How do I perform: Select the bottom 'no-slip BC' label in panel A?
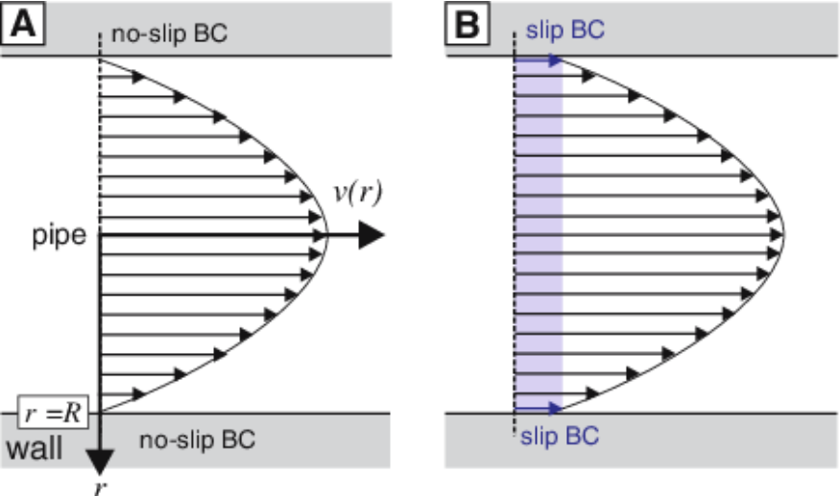coord(197,441)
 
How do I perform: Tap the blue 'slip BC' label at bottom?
coord(561,437)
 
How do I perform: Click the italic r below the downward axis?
coord(100,486)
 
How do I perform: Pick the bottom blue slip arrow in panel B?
coord(538,408)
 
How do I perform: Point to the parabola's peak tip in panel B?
coord(786,234)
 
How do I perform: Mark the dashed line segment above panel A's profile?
coord(100,43)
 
